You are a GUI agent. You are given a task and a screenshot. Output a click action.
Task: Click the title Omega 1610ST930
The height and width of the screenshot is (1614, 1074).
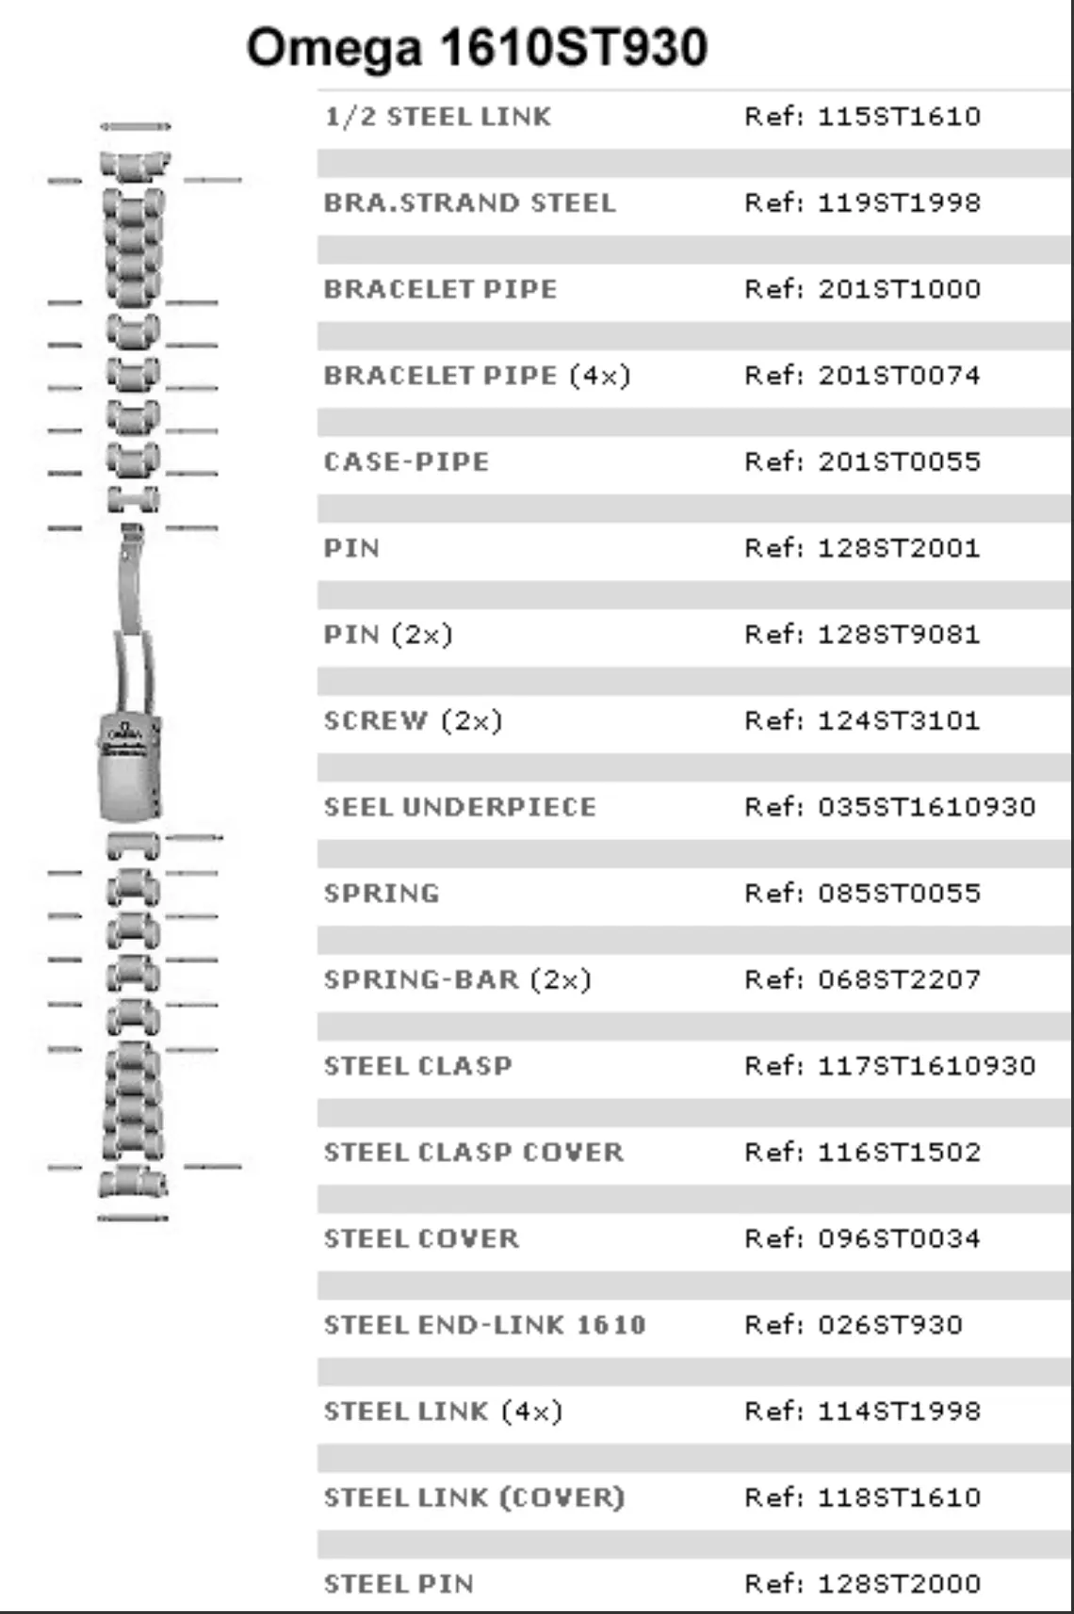pos(477,48)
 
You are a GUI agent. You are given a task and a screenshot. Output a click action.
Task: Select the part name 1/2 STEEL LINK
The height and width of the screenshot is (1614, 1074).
pos(438,117)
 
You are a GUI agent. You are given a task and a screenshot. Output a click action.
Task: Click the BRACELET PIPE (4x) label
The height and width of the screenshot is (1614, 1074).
pos(477,376)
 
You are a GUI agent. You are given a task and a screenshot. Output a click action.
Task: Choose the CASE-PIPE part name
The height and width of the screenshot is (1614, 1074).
pos(407,461)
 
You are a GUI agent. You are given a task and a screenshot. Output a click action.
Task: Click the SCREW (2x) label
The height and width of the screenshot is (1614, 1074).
pos(413,721)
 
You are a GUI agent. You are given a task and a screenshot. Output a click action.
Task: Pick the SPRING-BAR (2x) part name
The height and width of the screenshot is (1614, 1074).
pos(458,980)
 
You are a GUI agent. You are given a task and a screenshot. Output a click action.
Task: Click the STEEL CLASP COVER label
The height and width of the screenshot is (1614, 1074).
pos(474,1153)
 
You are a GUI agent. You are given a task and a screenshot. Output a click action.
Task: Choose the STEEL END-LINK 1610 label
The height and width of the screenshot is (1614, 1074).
pos(485,1325)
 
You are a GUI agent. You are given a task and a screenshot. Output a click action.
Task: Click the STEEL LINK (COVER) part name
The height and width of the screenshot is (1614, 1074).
pos(474,1498)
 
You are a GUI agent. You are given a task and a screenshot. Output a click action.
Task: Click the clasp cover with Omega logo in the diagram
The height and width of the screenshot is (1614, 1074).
pos(130,767)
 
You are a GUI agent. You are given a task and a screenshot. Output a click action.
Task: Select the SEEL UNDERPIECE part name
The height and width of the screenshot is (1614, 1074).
pos(460,807)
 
